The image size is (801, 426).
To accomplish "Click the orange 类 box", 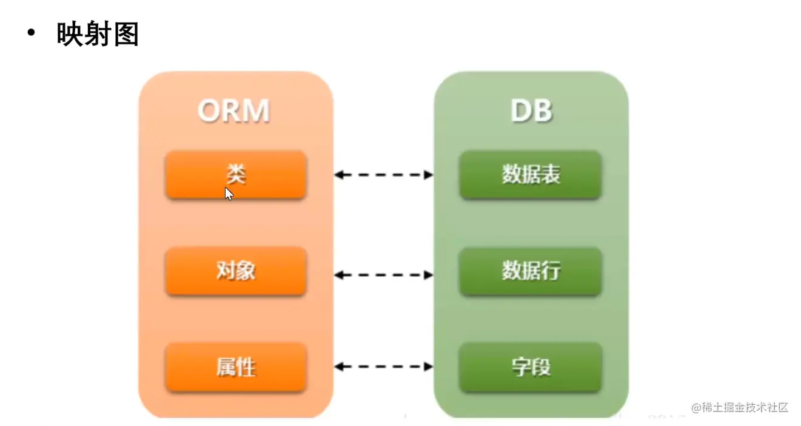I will click(x=236, y=175).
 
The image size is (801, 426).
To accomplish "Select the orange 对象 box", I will click(x=236, y=271).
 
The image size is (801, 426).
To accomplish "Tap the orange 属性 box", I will click(x=236, y=367).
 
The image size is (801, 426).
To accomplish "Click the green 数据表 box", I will click(x=531, y=175).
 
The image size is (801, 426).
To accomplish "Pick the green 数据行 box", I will click(x=531, y=271).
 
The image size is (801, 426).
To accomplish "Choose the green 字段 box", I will click(x=531, y=367).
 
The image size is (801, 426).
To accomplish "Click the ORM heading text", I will click(x=233, y=111).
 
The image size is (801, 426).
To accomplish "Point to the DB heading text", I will click(x=531, y=111).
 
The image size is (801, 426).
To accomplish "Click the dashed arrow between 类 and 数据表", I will click(x=384, y=175).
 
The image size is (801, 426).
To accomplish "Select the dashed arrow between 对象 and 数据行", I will click(x=384, y=275).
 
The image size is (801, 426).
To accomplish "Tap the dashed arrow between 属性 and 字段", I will click(x=384, y=367).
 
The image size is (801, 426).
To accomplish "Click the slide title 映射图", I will click(x=98, y=34).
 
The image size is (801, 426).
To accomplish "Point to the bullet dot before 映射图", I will click(x=32, y=33).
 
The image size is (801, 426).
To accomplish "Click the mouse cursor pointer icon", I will click(x=229, y=194).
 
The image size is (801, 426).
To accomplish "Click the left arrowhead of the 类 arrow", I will click(x=340, y=175).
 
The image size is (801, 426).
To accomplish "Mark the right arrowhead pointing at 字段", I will click(x=429, y=367).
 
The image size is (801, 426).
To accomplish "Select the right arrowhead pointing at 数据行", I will click(x=429, y=275).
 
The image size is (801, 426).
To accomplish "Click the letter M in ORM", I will click(x=256, y=111).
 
